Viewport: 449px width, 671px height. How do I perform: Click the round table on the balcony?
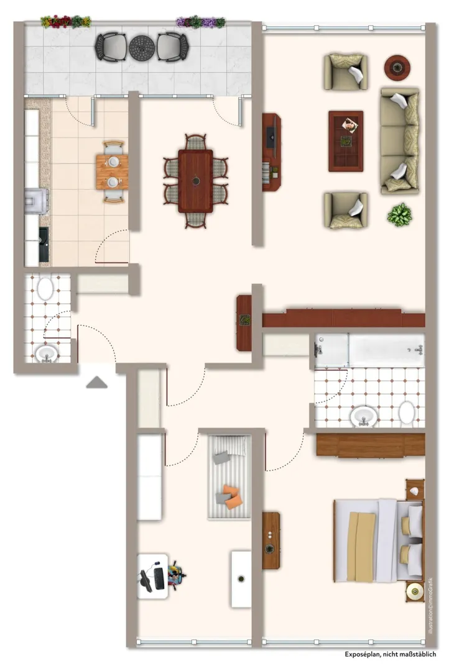tap(142, 47)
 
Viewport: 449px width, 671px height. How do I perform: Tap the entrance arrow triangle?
tap(97, 382)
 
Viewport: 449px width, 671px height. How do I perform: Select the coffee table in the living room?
tap(346, 141)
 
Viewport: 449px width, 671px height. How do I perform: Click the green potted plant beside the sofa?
tap(399, 214)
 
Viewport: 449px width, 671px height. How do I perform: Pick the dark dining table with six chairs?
tap(196, 181)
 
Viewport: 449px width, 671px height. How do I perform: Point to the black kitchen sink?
tap(44, 244)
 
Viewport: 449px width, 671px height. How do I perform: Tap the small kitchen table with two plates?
tap(112, 172)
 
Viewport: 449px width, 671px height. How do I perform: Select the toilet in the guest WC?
tap(45, 289)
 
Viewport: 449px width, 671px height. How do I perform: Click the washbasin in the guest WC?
tap(46, 354)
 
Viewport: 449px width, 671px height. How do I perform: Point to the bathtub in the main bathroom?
tap(369, 350)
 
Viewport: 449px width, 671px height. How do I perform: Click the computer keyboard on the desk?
tap(159, 578)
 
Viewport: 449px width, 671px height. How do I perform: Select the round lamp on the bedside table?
tap(415, 591)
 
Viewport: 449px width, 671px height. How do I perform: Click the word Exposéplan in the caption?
tap(363, 654)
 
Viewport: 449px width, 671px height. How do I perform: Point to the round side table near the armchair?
tap(397, 68)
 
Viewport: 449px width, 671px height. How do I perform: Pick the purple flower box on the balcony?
tap(200, 22)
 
